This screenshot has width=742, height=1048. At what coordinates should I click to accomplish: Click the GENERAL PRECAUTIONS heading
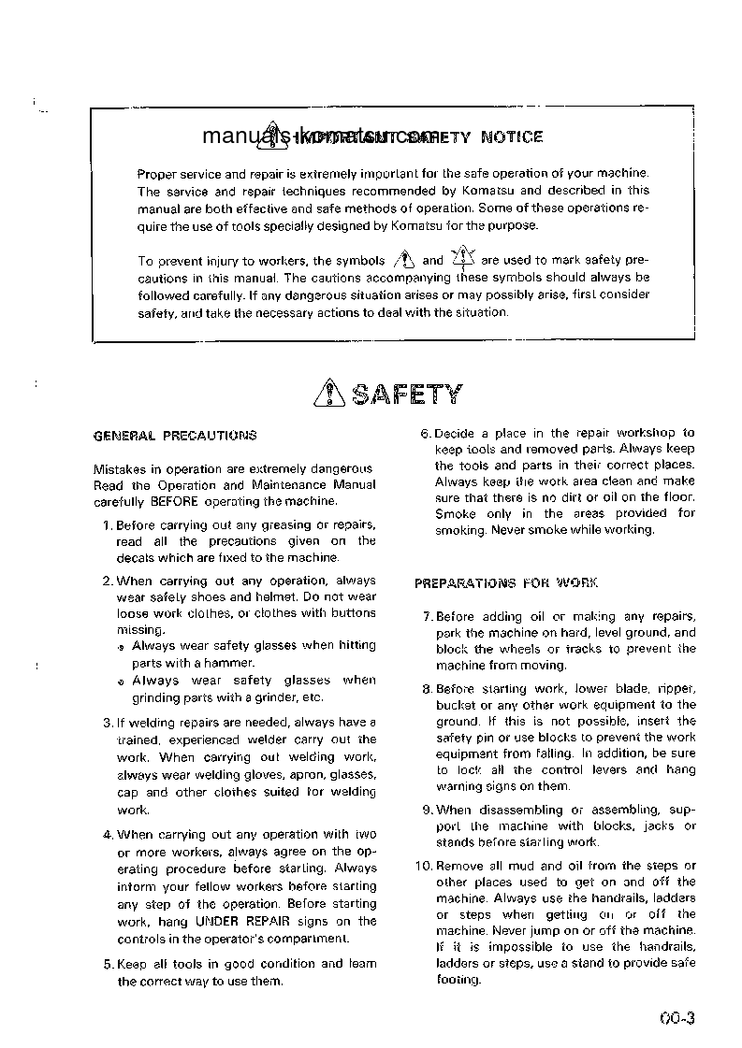pos(175,436)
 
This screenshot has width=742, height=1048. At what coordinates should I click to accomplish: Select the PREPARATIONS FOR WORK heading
pos(506,583)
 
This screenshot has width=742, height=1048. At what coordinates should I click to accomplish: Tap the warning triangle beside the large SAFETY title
pos(330,395)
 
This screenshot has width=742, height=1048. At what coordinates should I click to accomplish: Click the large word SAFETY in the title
pos(406,395)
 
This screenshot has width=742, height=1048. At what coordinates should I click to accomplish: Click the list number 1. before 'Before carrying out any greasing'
pos(108,525)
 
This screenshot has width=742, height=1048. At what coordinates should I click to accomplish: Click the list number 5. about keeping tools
pos(108,964)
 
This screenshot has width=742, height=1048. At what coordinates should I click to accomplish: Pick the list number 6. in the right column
pos(425,433)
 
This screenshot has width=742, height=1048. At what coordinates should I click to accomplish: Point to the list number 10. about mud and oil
pos(424,866)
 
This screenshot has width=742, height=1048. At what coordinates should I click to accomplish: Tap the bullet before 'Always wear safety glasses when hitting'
pos(122,647)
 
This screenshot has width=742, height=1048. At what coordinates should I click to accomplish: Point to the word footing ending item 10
pos(458,981)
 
